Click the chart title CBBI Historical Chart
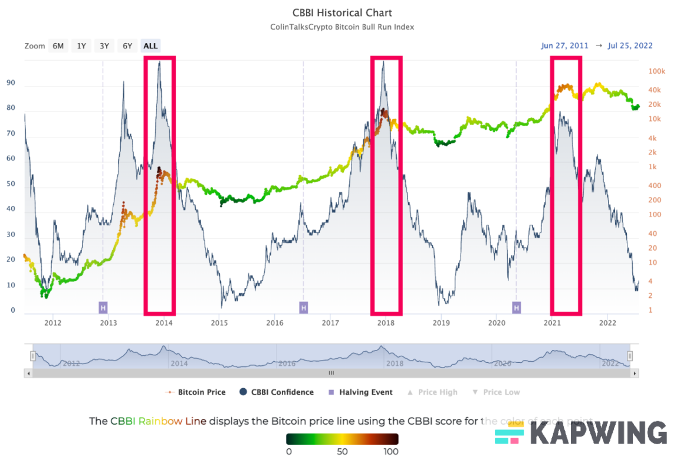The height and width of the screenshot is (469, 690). [x=342, y=12]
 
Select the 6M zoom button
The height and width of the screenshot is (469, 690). [x=58, y=45]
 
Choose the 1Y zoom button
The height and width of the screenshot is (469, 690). [x=81, y=45]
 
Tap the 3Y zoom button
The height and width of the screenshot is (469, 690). [x=104, y=45]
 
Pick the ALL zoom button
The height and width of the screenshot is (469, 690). [x=151, y=45]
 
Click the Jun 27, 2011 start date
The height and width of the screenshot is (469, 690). [x=564, y=45]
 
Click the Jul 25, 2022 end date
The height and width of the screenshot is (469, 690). [x=629, y=45]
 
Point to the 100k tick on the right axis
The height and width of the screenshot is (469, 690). [x=656, y=71]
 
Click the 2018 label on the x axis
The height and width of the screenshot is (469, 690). [x=386, y=323]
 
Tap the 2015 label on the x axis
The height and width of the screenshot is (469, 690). [x=219, y=323]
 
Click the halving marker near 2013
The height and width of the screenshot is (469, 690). [x=103, y=307]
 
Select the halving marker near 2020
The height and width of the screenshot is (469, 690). [x=516, y=307]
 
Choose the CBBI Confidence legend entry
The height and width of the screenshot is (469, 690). [x=277, y=392]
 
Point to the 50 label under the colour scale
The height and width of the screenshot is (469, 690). [x=342, y=452]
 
